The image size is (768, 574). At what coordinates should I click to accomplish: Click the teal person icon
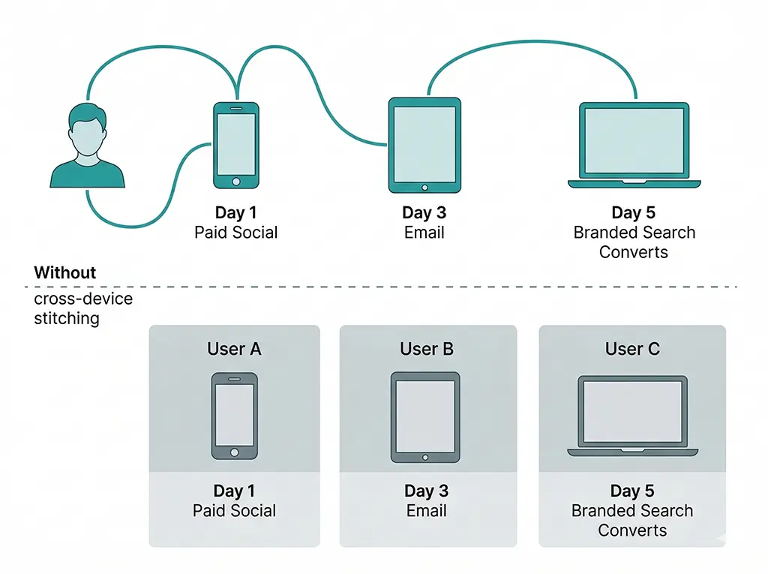click(x=87, y=146)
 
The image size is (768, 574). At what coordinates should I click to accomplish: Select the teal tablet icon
click(x=424, y=145)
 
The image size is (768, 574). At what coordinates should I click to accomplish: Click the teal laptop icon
click(x=634, y=145)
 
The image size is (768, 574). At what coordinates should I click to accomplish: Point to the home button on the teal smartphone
click(x=236, y=181)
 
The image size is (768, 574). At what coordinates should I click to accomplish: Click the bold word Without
click(x=65, y=272)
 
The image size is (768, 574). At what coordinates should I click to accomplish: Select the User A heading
click(x=234, y=349)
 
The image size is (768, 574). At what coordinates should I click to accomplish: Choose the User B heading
click(x=427, y=349)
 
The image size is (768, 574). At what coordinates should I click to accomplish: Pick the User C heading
click(x=632, y=349)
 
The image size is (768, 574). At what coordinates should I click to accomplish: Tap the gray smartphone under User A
click(x=234, y=416)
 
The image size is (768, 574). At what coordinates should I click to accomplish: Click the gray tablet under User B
click(x=425, y=417)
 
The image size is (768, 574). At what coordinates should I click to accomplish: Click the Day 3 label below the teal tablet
click(x=424, y=213)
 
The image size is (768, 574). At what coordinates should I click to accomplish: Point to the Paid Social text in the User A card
click(x=234, y=511)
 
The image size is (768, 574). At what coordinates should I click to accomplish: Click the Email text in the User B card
click(x=426, y=511)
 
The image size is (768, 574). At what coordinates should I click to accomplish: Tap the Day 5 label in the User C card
click(x=632, y=491)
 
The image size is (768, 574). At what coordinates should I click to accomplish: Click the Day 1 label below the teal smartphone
click(x=236, y=213)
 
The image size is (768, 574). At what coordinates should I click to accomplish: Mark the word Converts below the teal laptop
click(x=634, y=252)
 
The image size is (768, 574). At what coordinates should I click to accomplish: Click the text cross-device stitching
click(x=83, y=308)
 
